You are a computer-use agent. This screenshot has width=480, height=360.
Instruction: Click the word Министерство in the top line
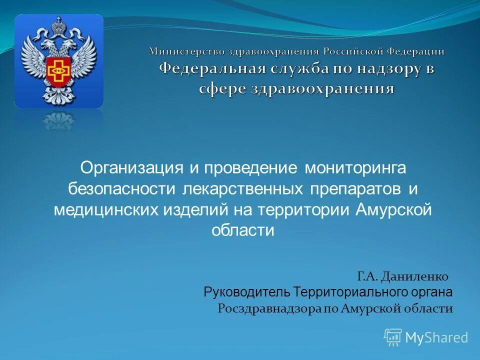point(185,51)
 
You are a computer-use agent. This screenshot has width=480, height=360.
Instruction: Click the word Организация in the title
point(132,168)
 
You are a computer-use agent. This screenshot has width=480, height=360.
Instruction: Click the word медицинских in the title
point(105,210)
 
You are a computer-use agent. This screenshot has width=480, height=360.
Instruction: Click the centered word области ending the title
point(243,230)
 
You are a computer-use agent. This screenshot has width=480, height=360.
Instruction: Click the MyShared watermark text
point(436,337)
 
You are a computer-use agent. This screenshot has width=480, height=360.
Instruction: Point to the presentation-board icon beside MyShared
point(393,337)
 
